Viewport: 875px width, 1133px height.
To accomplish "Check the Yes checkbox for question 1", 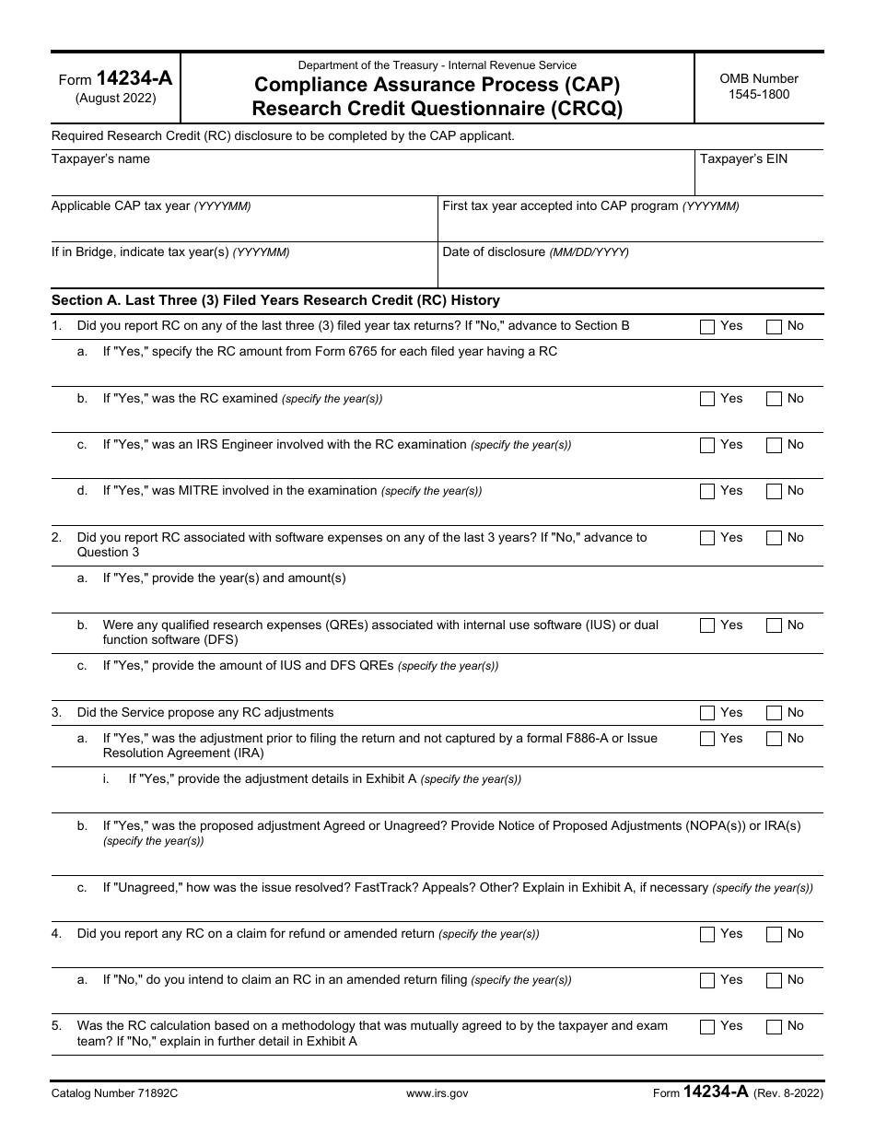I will click(707, 326).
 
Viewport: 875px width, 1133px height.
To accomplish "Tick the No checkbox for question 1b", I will click(774, 399).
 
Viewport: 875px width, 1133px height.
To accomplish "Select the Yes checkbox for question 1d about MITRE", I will click(707, 491).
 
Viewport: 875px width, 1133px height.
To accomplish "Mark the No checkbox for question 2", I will click(774, 538).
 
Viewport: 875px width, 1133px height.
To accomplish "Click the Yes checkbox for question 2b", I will click(707, 625).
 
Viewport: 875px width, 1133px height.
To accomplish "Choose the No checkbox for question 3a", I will click(774, 739).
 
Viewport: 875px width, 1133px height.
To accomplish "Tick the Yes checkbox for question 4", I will click(707, 934).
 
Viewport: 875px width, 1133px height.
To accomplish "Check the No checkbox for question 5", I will click(774, 1026).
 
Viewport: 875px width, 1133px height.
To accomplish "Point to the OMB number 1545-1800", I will click(759, 94).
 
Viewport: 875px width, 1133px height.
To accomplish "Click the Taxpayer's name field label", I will click(100, 159).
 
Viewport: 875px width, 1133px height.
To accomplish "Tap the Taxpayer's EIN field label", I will click(743, 159).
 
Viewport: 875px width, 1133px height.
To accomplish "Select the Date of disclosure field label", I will click(494, 252).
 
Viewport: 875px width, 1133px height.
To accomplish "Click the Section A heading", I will click(275, 300).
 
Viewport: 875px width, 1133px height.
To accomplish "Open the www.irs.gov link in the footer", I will click(437, 1093).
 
